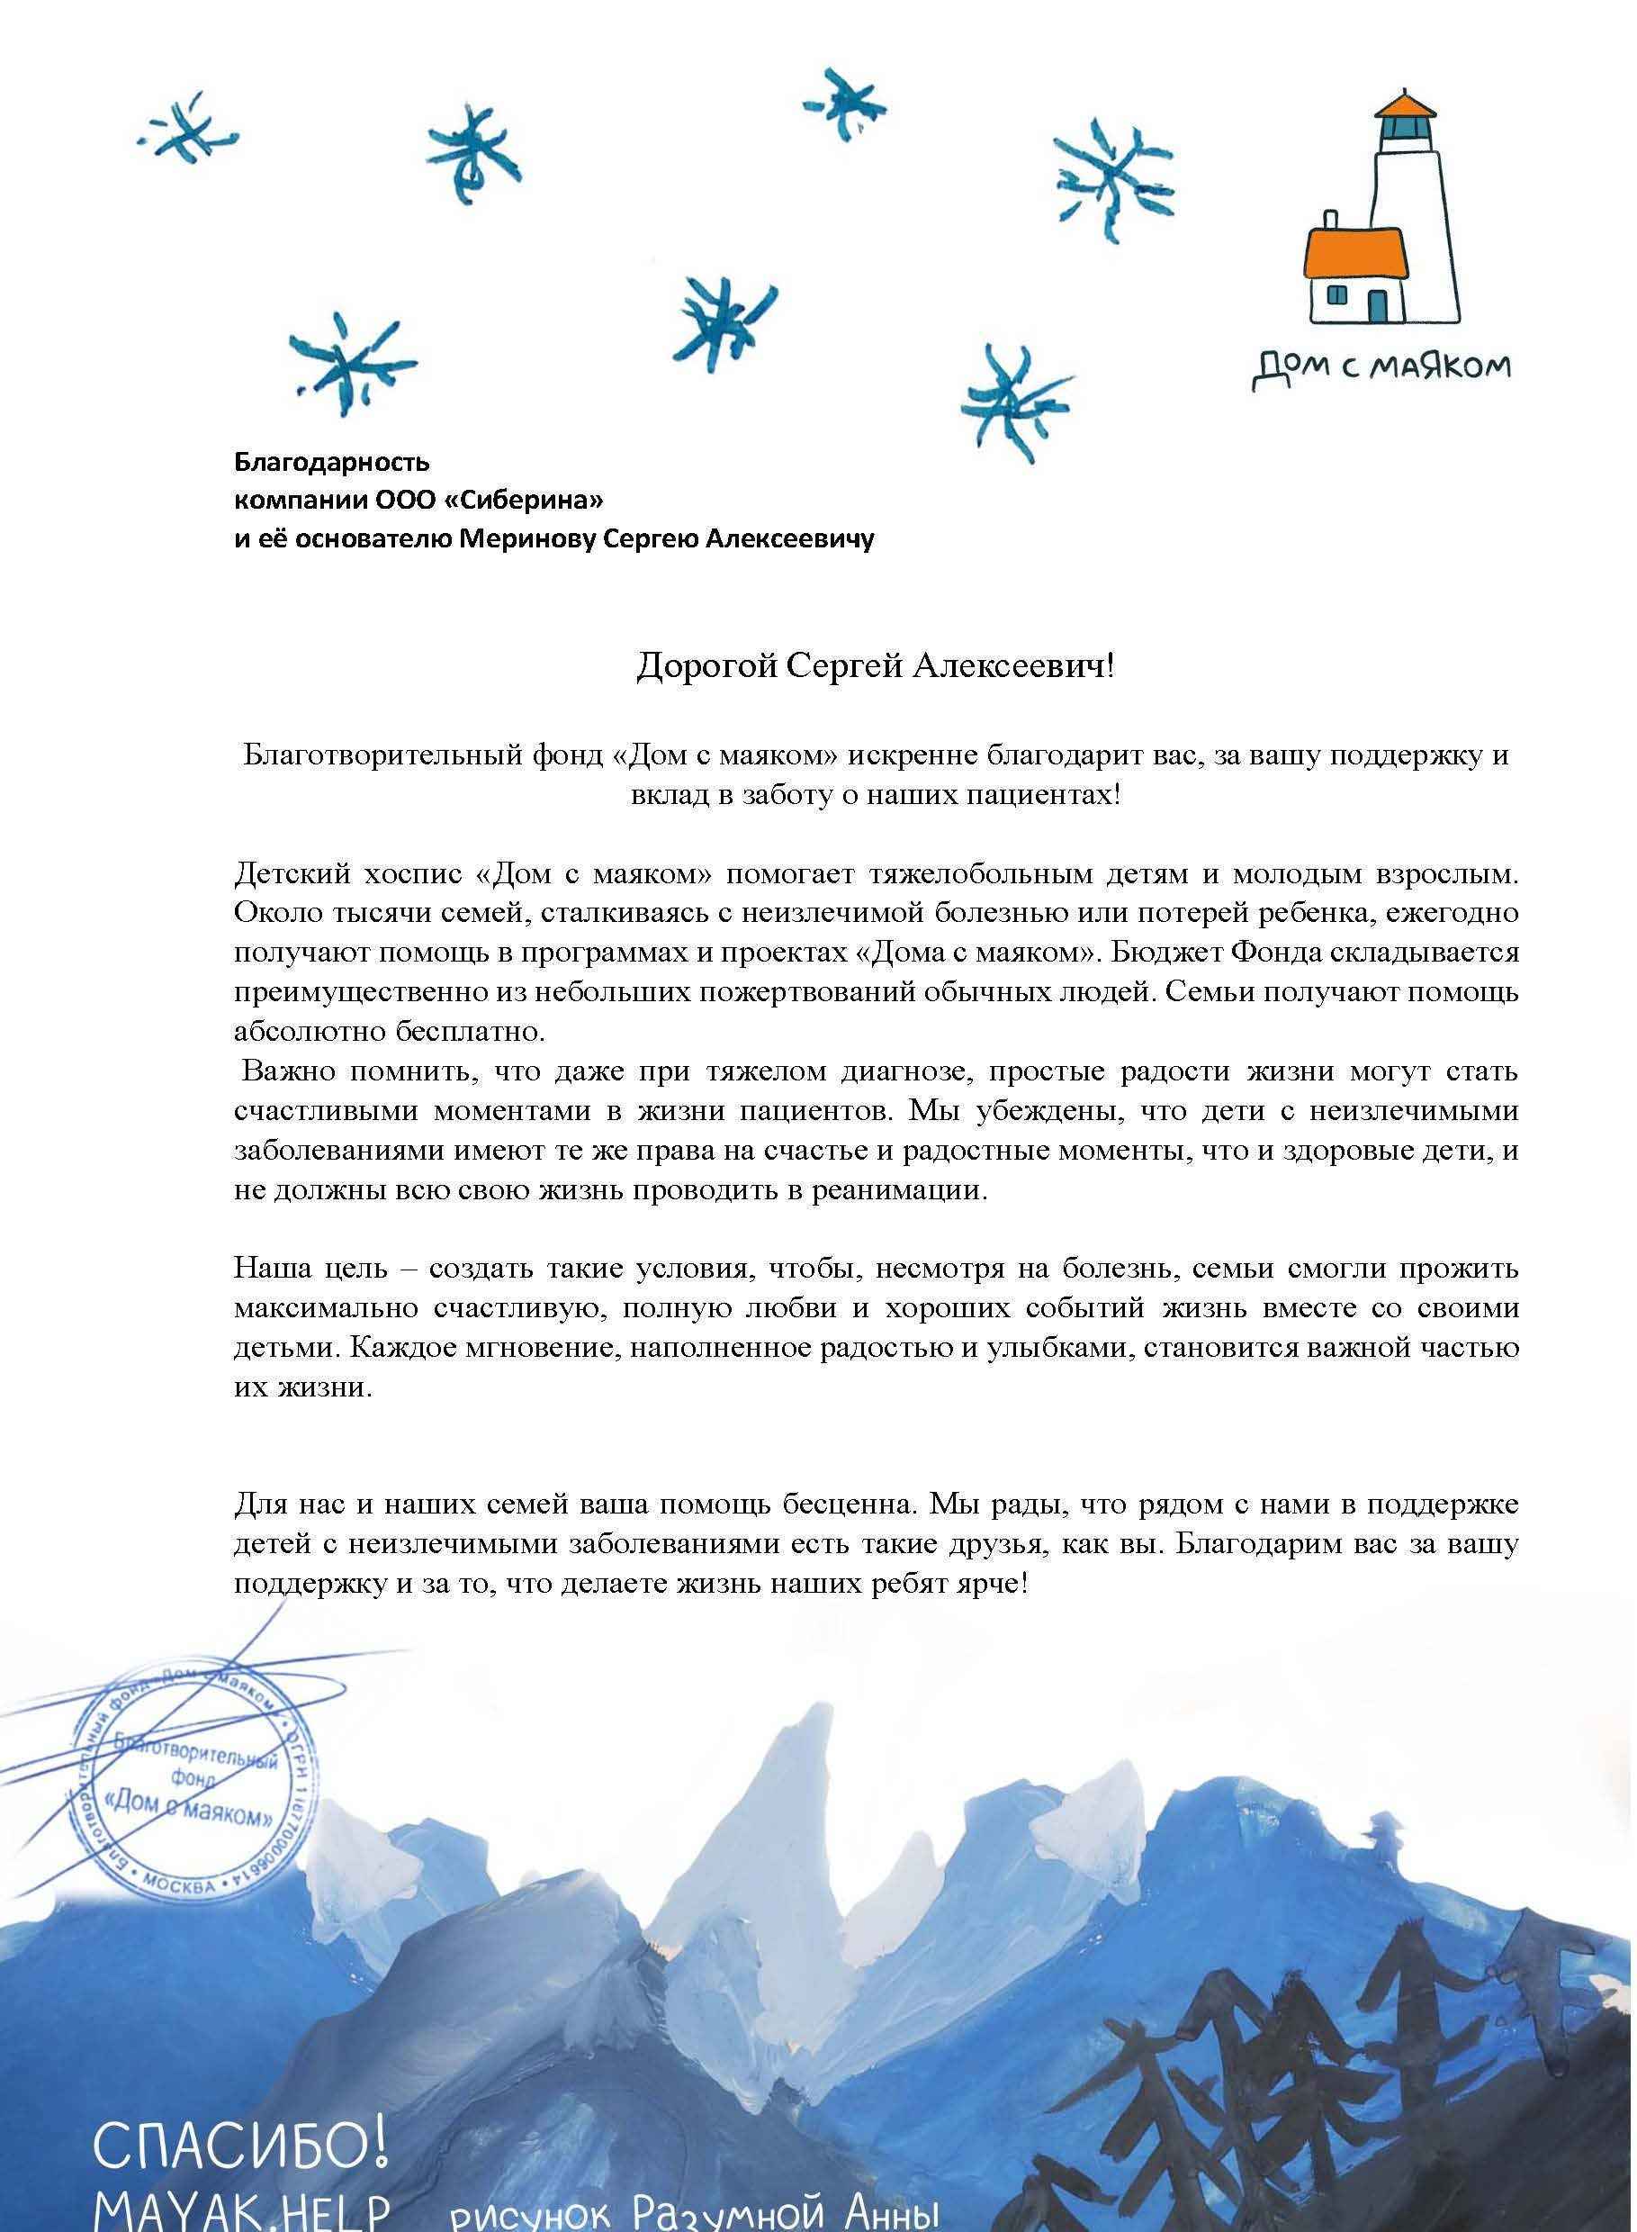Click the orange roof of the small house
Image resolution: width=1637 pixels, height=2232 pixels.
coord(1357,252)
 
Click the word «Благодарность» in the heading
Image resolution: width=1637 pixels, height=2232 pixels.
coord(331,462)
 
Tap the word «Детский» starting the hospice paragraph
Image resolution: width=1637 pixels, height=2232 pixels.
coord(287,874)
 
